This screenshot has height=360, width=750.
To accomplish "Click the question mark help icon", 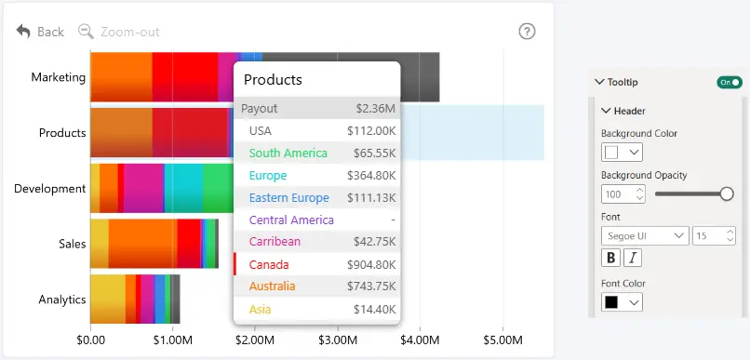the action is pos(527,32).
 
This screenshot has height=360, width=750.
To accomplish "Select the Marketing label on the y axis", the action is pos(59,77).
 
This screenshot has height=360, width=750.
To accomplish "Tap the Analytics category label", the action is pos(62,300).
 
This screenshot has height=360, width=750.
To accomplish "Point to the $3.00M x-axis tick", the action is pos(338,340).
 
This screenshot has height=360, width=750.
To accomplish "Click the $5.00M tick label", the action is pos(503,340).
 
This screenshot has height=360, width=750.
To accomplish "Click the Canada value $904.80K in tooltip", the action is pos(371,264).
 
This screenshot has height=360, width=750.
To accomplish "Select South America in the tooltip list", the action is pos(288,153).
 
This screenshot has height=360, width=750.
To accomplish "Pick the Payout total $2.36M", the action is pos(376,109).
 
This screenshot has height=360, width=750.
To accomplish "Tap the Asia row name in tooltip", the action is pos(261,310).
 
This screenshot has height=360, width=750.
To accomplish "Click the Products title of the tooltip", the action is pos(273,79).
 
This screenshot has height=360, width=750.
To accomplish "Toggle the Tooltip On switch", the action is pos(730,82).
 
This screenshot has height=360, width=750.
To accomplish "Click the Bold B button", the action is pos(610,258).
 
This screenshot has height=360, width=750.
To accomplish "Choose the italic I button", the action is pos(633,258).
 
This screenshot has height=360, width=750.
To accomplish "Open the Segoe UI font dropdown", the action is pos(645,235).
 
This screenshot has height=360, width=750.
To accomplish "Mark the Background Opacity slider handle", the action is pos(727,193).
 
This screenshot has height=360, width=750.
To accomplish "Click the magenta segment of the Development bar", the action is pos(144,188).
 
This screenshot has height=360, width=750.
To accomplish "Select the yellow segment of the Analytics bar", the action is pos(108,300).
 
